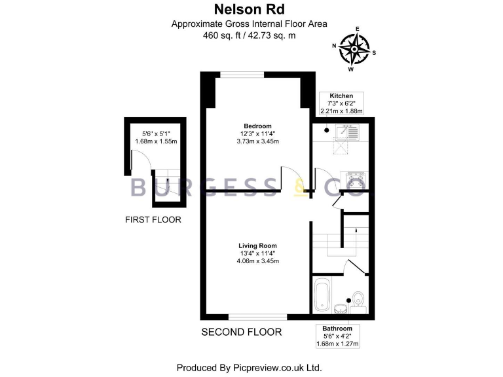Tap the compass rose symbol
[x=354, y=48]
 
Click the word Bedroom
[x=257, y=126]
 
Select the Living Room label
[x=257, y=245]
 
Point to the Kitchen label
[x=341, y=96]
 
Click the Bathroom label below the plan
[x=337, y=328]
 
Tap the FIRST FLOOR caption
[x=153, y=220]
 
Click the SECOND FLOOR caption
[x=241, y=332]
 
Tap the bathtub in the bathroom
[x=323, y=296]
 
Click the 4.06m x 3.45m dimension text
[x=257, y=261]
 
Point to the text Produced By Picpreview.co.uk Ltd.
[x=249, y=367]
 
